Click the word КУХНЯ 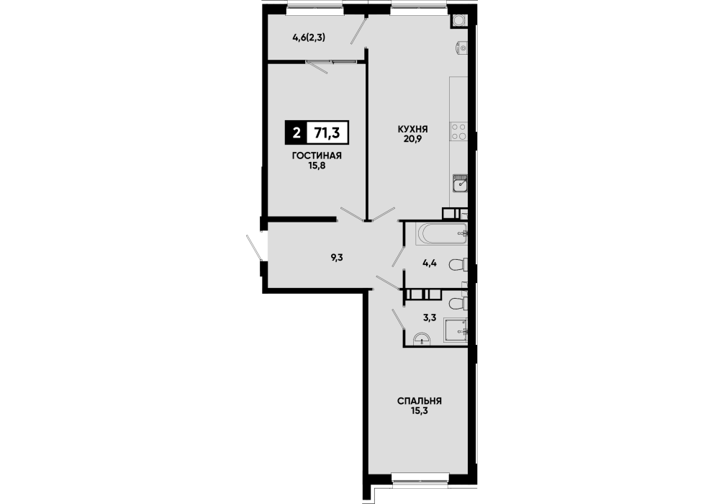[412, 129]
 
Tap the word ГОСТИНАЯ [317, 156]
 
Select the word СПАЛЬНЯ [420, 401]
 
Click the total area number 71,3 [327, 133]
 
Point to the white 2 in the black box [297, 133]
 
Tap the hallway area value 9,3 [337, 258]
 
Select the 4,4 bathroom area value [430, 264]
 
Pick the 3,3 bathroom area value [430, 318]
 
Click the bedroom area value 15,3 [419, 410]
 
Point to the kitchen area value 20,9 [412, 138]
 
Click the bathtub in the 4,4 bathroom [441, 234]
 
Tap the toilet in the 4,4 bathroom [458, 265]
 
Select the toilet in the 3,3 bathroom [458, 304]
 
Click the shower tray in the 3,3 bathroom [456, 330]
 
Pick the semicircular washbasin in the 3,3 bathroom [422, 340]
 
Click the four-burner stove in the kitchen [459, 131]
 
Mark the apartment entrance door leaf [255, 248]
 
